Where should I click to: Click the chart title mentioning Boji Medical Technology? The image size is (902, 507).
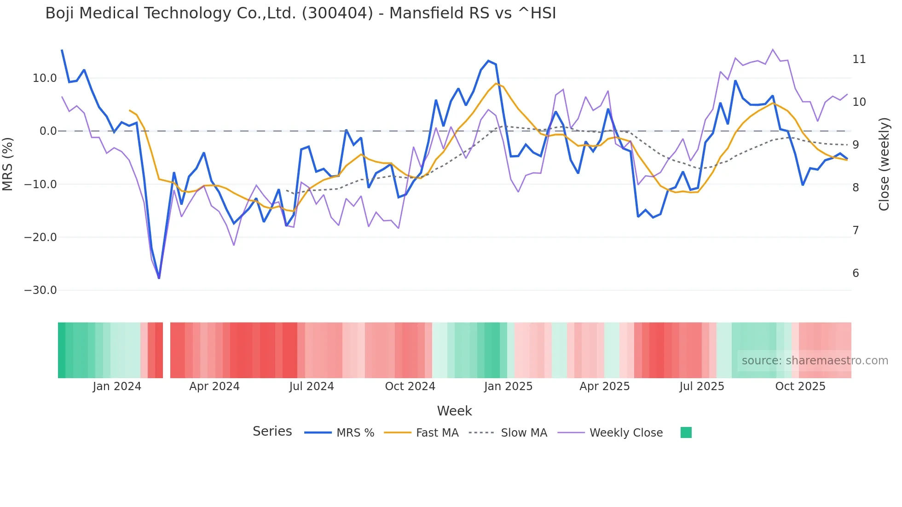coord(301,13)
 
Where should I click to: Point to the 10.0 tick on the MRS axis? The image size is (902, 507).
coord(45,78)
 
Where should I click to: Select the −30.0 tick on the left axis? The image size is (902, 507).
coord(40,290)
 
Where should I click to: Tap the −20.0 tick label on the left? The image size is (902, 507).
coord(40,237)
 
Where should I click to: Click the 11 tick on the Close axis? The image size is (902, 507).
coord(859,59)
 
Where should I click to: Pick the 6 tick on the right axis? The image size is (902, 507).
coord(856,273)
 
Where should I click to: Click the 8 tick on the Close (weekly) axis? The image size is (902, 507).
coord(856,188)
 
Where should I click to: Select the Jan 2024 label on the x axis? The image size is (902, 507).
coord(117,386)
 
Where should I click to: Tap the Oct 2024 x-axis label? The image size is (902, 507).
coord(410,386)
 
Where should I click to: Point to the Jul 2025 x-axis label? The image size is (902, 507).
coord(702,386)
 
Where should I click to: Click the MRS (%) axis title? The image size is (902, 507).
coord(7,164)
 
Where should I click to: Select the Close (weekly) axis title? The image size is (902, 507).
coord(884,164)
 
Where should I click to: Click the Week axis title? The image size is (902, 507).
coord(454,411)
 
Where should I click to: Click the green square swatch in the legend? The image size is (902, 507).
coord(686,432)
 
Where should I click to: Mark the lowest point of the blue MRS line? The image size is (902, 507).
coord(159,278)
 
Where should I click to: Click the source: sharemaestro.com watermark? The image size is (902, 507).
coord(815,361)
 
